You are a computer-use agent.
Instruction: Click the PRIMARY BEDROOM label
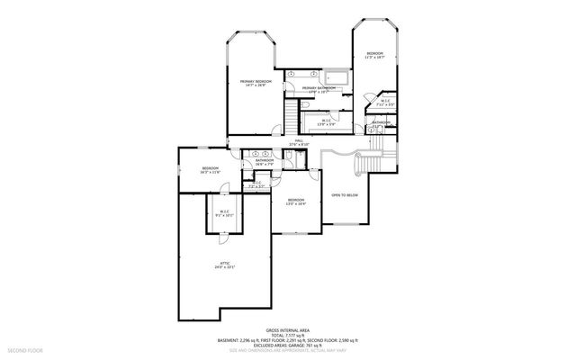click(x=256, y=82)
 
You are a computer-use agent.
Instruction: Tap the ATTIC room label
click(x=223, y=263)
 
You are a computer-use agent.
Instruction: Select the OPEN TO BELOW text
click(x=346, y=194)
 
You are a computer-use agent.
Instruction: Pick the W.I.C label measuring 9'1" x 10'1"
click(x=223, y=211)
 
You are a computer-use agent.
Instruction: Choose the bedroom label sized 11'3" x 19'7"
click(x=375, y=54)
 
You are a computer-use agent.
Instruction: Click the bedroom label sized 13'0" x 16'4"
click(x=296, y=200)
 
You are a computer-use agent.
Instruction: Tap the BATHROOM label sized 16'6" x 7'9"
click(x=264, y=161)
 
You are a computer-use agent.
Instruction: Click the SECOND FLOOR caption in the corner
click(x=24, y=348)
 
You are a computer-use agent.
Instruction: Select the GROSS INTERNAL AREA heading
click(x=287, y=329)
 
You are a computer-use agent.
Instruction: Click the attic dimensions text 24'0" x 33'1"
click(x=223, y=268)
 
